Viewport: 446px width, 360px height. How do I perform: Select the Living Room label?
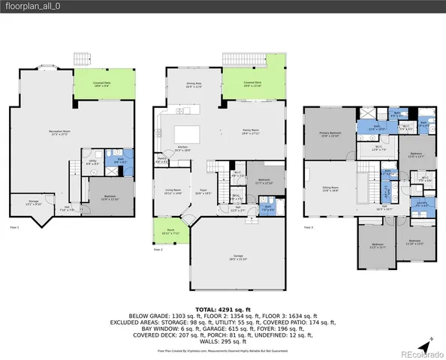(x=173, y=192)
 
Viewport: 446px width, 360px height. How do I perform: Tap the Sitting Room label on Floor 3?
(x=330, y=190)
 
